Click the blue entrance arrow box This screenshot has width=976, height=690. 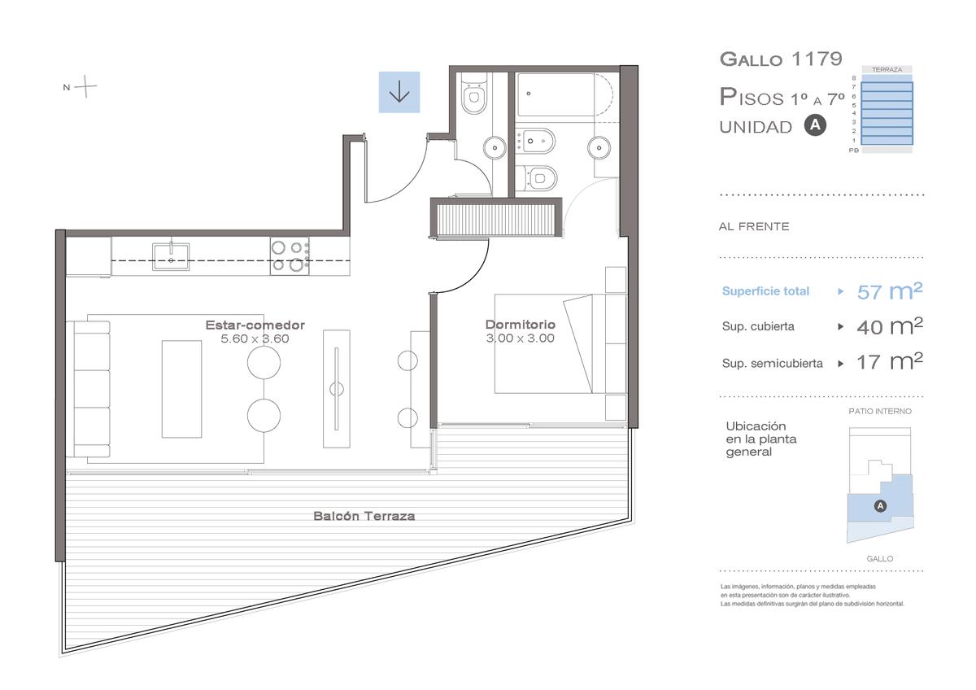tap(399, 93)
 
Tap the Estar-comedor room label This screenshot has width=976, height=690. tap(255, 325)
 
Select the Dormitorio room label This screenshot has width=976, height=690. tap(521, 325)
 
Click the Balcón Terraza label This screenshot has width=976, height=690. tap(364, 516)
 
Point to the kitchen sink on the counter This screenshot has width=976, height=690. tap(171, 257)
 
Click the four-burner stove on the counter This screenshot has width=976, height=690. tap(290, 255)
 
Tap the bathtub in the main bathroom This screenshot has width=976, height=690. tap(564, 94)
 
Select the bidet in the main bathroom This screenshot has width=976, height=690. tap(535, 141)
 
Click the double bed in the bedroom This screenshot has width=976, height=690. tap(550, 343)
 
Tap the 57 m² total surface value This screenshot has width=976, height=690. tap(889, 291)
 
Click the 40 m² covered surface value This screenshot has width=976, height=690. tap(889, 326)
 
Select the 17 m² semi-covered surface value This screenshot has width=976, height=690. tap(889, 362)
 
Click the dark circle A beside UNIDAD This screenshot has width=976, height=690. tap(815, 125)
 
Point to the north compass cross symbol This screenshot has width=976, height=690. tap(85, 86)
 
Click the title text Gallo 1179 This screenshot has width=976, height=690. tap(781, 59)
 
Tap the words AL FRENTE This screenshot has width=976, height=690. tap(754, 227)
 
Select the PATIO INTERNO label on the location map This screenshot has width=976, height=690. tap(880, 411)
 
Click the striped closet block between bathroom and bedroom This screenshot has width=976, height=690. tap(496, 218)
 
